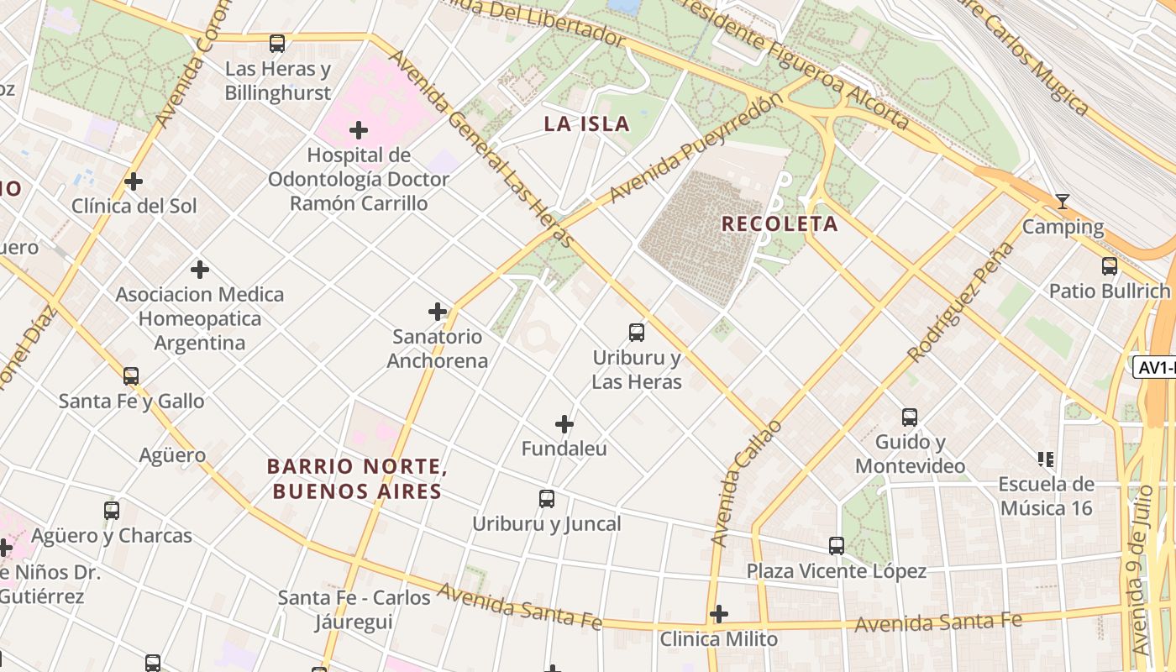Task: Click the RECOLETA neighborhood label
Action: tap(780, 224)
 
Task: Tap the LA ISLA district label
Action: tap(586, 124)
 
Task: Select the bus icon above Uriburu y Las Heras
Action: tap(637, 333)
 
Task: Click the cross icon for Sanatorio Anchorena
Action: tap(438, 312)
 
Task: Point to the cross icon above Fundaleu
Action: tap(564, 424)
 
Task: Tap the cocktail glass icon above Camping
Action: tap(1063, 202)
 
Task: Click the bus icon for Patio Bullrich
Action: tap(1110, 266)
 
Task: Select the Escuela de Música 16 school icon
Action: tap(1046, 459)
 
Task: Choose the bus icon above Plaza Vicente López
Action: tap(837, 546)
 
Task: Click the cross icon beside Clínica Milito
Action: tap(718, 614)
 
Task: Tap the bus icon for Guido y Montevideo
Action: tap(910, 417)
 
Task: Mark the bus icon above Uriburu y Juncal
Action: tap(547, 499)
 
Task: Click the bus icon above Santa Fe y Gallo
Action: tap(131, 376)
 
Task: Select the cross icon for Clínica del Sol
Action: tap(133, 181)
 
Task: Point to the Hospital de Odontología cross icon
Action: tap(359, 130)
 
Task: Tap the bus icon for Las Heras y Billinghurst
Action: tap(277, 44)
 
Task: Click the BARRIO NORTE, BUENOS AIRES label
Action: tap(354, 479)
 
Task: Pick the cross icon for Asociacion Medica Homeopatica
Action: tap(199, 270)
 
